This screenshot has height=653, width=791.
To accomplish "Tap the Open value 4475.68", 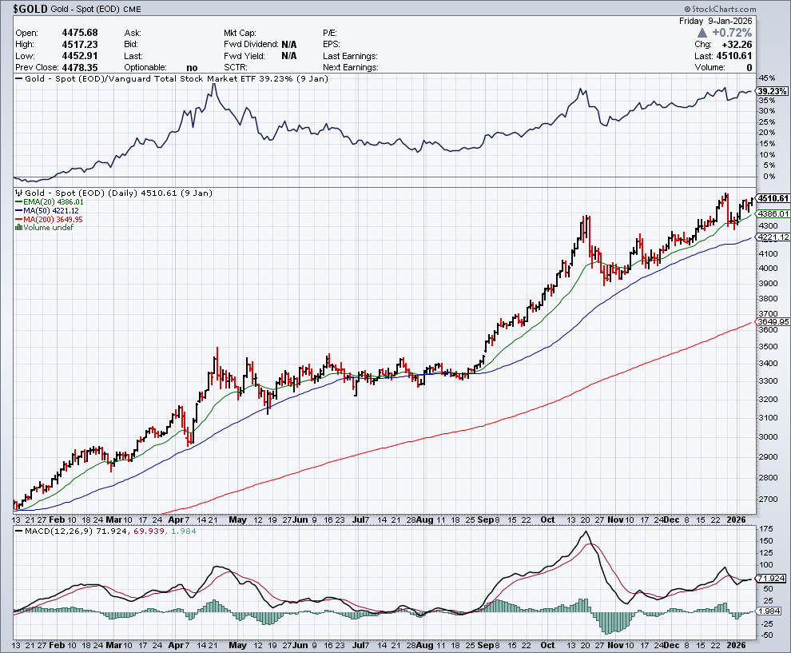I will [x=81, y=32].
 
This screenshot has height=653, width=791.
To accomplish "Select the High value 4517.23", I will [x=81, y=44].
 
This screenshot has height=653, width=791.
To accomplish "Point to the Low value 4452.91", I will [x=81, y=56].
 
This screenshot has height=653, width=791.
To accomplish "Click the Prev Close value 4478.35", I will [x=81, y=68].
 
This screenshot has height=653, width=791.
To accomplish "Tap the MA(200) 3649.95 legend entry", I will [x=54, y=219].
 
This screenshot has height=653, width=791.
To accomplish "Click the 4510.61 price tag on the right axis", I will [x=773, y=198].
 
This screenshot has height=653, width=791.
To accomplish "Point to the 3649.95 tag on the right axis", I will [x=773, y=321].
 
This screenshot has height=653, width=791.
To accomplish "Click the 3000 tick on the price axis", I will [x=768, y=436].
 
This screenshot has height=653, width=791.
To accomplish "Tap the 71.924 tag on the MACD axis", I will [x=773, y=578].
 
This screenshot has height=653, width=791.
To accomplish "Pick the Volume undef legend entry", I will [x=47, y=228].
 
